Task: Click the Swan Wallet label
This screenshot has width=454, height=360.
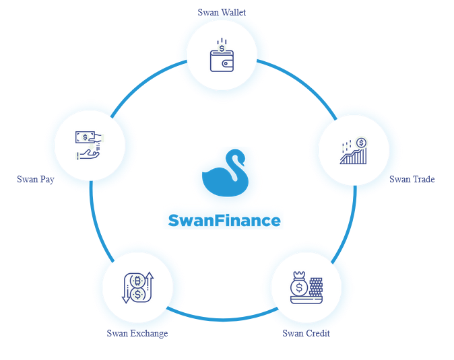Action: pos(222,12)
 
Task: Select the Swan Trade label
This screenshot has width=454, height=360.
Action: pos(412,179)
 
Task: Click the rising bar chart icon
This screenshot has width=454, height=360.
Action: pos(353,152)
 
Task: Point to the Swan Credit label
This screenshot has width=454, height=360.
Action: pos(306,332)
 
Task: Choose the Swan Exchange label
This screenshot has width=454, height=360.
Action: pos(137,332)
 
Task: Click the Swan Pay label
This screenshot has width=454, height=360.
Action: pos(36,179)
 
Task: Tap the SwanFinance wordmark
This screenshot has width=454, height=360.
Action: pos(224,220)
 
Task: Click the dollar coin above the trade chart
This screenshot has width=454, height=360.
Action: pos(361,143)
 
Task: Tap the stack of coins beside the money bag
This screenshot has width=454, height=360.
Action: pos(315,285)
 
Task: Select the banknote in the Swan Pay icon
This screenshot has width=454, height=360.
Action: pos(85,137)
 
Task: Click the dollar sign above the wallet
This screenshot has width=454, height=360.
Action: pos(222,48)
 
